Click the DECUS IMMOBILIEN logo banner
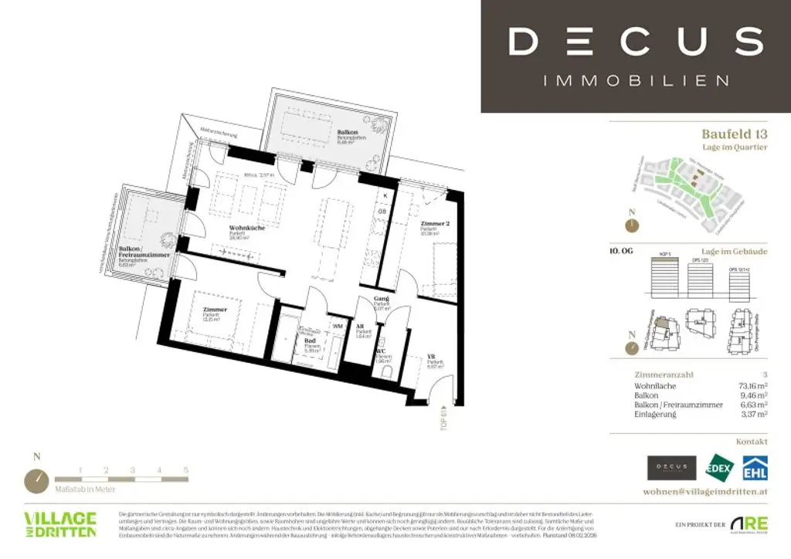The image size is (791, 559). [x=636, y=56]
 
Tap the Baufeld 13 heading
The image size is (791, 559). [x=734, y=134]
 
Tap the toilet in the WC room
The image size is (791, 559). [x=385, y=371]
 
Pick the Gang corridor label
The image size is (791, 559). [x=380, y=297]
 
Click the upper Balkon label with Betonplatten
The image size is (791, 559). [x=347, y=133]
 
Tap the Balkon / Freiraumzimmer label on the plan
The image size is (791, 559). [x=144, y=252]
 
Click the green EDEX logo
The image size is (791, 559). [x=721, y=468]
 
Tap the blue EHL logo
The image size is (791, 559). [x=755, y=468]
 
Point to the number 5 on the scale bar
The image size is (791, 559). [x=186, y=469]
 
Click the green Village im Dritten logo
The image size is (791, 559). [x=60, y=524]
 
